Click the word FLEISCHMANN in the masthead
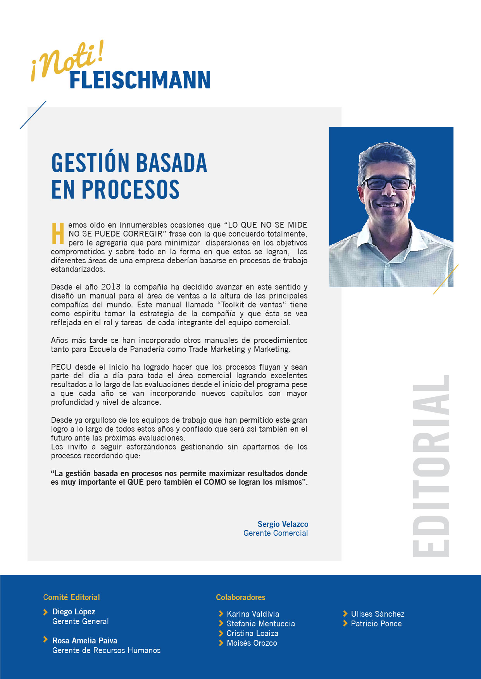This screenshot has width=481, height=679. point(140,81)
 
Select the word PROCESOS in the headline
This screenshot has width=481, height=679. point(130,189)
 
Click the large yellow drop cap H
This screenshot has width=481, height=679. point(58,233)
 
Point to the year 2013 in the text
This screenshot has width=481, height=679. point(110,287)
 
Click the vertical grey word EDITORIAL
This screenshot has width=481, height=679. point(431,466)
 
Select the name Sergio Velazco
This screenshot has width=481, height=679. point(283,524)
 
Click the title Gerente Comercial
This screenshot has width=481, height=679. point(276,533)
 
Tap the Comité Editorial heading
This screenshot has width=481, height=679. point(72,597)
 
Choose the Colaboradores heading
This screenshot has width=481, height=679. point(241,597)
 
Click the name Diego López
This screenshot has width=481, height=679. point(74,612)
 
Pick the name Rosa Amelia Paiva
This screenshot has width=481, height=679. point(84,641)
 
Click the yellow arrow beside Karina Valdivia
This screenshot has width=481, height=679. point(221,614)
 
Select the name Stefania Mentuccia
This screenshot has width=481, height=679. point(260,624)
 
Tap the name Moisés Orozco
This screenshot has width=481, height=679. point(252,643)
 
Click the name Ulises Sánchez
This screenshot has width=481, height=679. point(378,614)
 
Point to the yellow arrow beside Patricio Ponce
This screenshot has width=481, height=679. point(345,623)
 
